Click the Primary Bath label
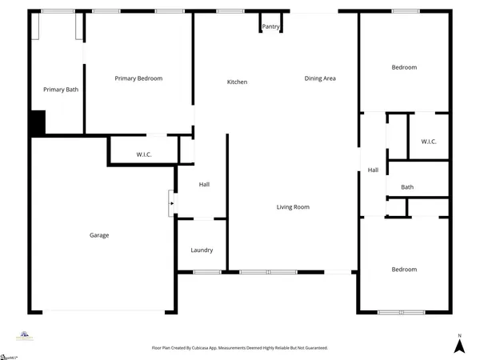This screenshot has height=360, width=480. (59, 90)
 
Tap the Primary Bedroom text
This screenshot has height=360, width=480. (138, 78)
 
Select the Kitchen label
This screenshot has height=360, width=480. (237, 82)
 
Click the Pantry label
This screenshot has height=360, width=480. (270, 26)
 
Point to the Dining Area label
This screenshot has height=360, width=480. (319, 78)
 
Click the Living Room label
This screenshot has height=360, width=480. (293, 207)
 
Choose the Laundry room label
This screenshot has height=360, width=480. (202, 250)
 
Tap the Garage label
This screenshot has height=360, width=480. (99, 235)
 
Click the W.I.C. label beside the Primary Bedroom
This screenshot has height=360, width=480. (144, 154)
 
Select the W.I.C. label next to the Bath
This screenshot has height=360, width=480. (428, 142)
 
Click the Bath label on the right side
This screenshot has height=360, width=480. (407, 187)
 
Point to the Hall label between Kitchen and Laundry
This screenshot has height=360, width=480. (204, 185)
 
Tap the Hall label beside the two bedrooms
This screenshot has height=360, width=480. (373, 170)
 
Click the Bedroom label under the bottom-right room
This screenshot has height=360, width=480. (404, 270)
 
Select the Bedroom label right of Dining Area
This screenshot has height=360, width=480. (404, 67)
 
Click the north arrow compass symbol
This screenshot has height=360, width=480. (459, 345)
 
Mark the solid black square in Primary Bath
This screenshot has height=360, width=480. (37, 122)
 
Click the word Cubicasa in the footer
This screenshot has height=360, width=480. (208, 349)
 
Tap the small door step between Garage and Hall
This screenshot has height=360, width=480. (170, 203)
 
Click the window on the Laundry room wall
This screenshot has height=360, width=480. (206, 273)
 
